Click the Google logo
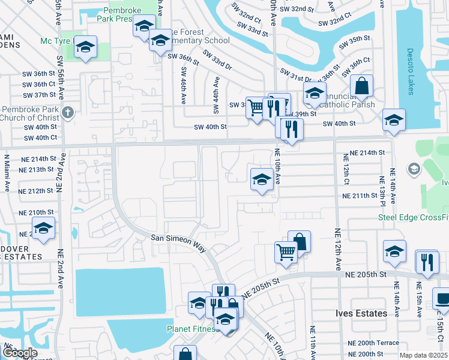[x=19, y=353]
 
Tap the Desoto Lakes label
[x=411, y=66]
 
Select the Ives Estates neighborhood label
[x=360, y=314]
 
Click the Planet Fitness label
[x=191, y=329]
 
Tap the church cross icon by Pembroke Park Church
[x=68, y=112]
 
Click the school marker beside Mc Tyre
[x=86, y=47]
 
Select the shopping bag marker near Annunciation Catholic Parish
[x=361, y=86]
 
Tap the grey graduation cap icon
[x=413, y=169]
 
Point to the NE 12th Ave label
[x=337, y=250]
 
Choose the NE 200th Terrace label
[x=373, y=343]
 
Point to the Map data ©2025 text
[x=423, y=355]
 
